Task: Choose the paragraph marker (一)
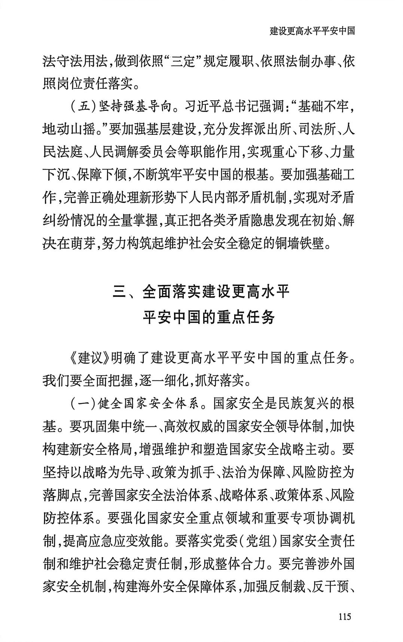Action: (83, 404)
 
